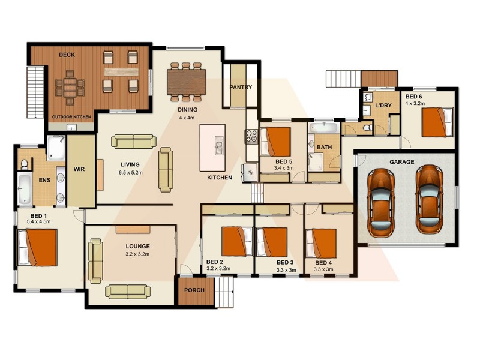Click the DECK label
[66, 55]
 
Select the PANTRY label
[241, 87]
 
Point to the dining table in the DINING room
[186, 82]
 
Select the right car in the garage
[431, 199]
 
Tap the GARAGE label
[402, 161]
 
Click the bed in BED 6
[436, 122]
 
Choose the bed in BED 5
[278, 142]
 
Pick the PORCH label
[195, 290]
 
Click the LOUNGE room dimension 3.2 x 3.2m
[137, 254]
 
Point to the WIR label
[79, 169]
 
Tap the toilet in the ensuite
[25, 164]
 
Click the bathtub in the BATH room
[323, 128]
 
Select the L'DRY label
[383, 105]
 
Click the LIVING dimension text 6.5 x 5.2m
[130, 173]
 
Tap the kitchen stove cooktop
[251, 137]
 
